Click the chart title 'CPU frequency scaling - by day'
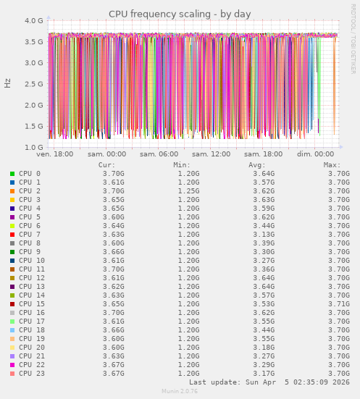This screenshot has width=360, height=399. click(x=180, y=14)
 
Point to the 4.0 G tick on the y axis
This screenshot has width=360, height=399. click(x=34, y=21)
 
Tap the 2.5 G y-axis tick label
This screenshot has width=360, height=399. click(x=34, y=84)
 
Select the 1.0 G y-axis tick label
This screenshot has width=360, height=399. click(x=34, y=148)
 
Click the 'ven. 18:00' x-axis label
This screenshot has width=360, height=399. click(x=54, y=154)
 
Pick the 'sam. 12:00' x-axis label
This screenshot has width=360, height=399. click(x=212, y=154)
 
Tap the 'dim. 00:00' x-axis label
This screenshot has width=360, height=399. click(x=316, y=154)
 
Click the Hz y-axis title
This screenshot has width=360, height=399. click(x=8, y=83)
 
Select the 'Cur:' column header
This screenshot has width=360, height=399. click(x=106, y=165)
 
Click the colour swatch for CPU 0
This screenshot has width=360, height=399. click(x=12, y=174)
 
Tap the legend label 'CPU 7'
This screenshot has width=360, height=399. click(x=30, y=235)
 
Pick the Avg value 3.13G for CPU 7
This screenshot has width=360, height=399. click(x=263, y=235)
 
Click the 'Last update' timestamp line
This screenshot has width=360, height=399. click(x=269, y=382)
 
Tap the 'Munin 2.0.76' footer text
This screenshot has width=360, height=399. click(x=180, y=392)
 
